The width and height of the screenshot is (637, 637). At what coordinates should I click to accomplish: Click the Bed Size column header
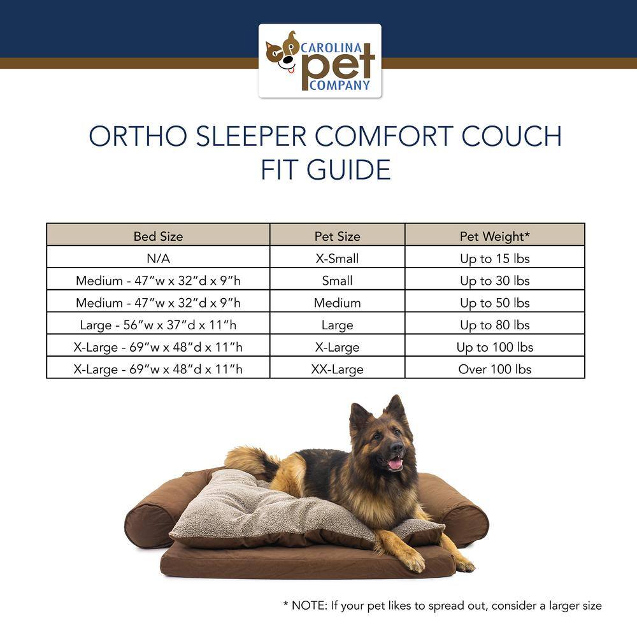158,236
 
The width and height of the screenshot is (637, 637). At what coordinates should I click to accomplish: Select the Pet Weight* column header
495,236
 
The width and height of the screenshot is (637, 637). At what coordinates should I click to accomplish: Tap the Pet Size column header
337,236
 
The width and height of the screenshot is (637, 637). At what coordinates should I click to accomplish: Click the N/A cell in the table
158,259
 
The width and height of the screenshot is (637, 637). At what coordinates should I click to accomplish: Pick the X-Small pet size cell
337,259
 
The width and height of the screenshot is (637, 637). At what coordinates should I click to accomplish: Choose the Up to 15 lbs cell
495,259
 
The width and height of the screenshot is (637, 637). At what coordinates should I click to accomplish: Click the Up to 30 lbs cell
495,281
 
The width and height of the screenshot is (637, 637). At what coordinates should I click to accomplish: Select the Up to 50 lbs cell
495,303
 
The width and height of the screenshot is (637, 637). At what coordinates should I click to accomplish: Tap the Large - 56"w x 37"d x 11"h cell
158,325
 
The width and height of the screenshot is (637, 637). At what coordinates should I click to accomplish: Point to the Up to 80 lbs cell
495,325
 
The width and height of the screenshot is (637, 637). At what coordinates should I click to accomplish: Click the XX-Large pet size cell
337,369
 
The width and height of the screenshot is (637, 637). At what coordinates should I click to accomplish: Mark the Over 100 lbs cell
495,369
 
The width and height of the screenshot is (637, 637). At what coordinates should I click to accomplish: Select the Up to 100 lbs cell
495,347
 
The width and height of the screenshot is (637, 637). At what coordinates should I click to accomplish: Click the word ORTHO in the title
138,136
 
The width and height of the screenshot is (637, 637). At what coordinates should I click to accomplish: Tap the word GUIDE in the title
348,169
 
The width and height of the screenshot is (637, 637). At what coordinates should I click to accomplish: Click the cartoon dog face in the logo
282,53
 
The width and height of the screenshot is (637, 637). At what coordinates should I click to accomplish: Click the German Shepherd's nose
397,448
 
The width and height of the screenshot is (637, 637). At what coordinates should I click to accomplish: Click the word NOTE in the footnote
309,605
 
